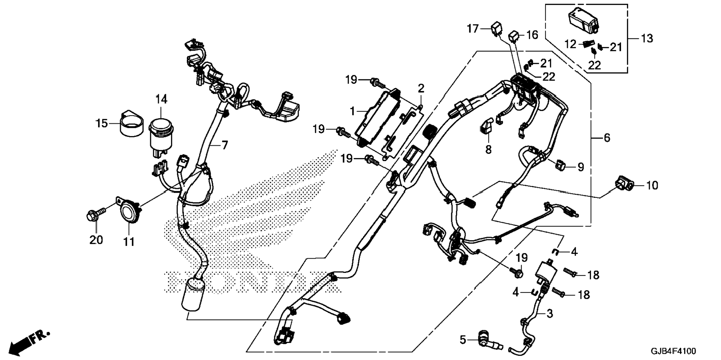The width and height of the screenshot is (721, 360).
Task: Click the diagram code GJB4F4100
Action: coord(673,351)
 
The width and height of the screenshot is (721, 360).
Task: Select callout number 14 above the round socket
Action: coord(161,100)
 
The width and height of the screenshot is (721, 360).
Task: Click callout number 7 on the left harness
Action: coord(224,145)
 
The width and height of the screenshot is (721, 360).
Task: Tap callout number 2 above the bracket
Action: coord(421,88)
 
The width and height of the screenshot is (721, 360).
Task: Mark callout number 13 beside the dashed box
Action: coord(647,38)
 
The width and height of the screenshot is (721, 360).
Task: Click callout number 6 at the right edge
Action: coord(607,138)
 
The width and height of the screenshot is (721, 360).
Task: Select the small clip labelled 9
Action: coord(560,164)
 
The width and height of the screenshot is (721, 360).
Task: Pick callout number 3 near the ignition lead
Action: coord(550,314)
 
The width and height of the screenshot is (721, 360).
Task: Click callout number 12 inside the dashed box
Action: coord(570,44)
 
